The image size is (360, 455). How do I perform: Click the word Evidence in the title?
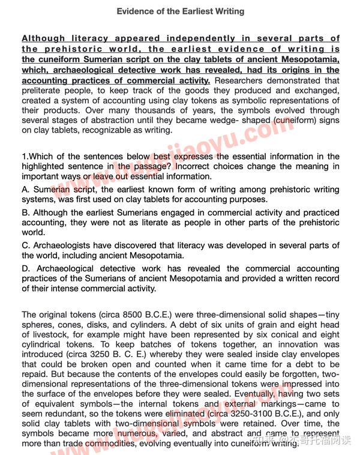click(x=134, y=11)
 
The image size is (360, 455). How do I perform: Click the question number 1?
click(x=24, y=157)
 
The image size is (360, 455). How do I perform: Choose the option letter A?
click(x=25, y=190)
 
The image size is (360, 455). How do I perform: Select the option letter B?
click(x=25, y=212)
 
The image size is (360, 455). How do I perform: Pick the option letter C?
click(x=25, y=245)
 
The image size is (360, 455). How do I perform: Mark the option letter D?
click(x=25, y=269)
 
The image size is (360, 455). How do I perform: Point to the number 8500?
click(x=109, y=315)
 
